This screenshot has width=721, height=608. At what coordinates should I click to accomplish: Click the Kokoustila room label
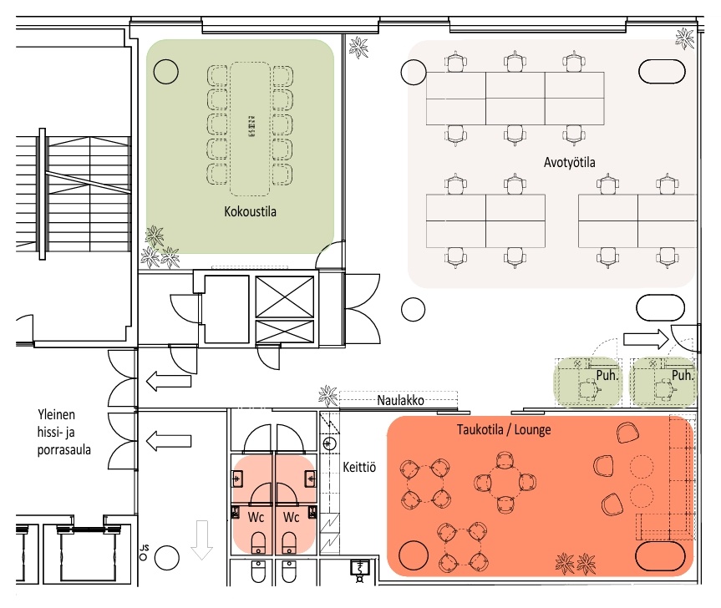tap(250, 211)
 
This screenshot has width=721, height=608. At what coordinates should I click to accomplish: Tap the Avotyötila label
tap(569, 162)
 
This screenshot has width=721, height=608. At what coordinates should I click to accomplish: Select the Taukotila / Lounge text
tap(504, 429)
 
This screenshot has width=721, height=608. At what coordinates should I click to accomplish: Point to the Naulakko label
tap(400, 400)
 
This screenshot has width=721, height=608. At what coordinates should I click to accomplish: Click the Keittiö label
tap(359, 468)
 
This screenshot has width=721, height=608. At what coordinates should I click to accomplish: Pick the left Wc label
tap(256, 518)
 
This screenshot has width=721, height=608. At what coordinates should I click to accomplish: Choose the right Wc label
tap(291, 518)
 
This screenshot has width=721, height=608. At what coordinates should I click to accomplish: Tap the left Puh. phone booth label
tap(607, 376)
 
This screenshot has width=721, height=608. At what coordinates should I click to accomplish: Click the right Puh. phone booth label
tap(683, 376)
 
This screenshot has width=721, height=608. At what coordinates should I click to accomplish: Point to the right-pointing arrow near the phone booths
tap(646, 340)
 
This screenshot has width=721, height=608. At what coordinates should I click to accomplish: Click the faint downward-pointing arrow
tap(201, 540)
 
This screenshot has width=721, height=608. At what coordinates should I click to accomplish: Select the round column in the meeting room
tap(165, 72)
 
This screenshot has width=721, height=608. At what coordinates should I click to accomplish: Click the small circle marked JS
tap(143, 557)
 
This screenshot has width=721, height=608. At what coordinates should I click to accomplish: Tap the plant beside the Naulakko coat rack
tap(327, 395)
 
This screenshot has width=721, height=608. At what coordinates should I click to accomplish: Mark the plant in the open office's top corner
tap(685, 38)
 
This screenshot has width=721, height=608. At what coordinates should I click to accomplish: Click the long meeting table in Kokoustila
tap(250, 129)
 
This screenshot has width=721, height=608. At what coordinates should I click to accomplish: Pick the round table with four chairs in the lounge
tap(505, 482)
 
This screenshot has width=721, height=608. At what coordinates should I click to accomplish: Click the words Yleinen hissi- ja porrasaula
tap(63, 432)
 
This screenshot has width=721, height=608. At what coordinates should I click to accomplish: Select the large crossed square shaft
tap(285, 296)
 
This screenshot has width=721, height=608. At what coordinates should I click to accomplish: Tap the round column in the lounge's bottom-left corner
tap(414, 555)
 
